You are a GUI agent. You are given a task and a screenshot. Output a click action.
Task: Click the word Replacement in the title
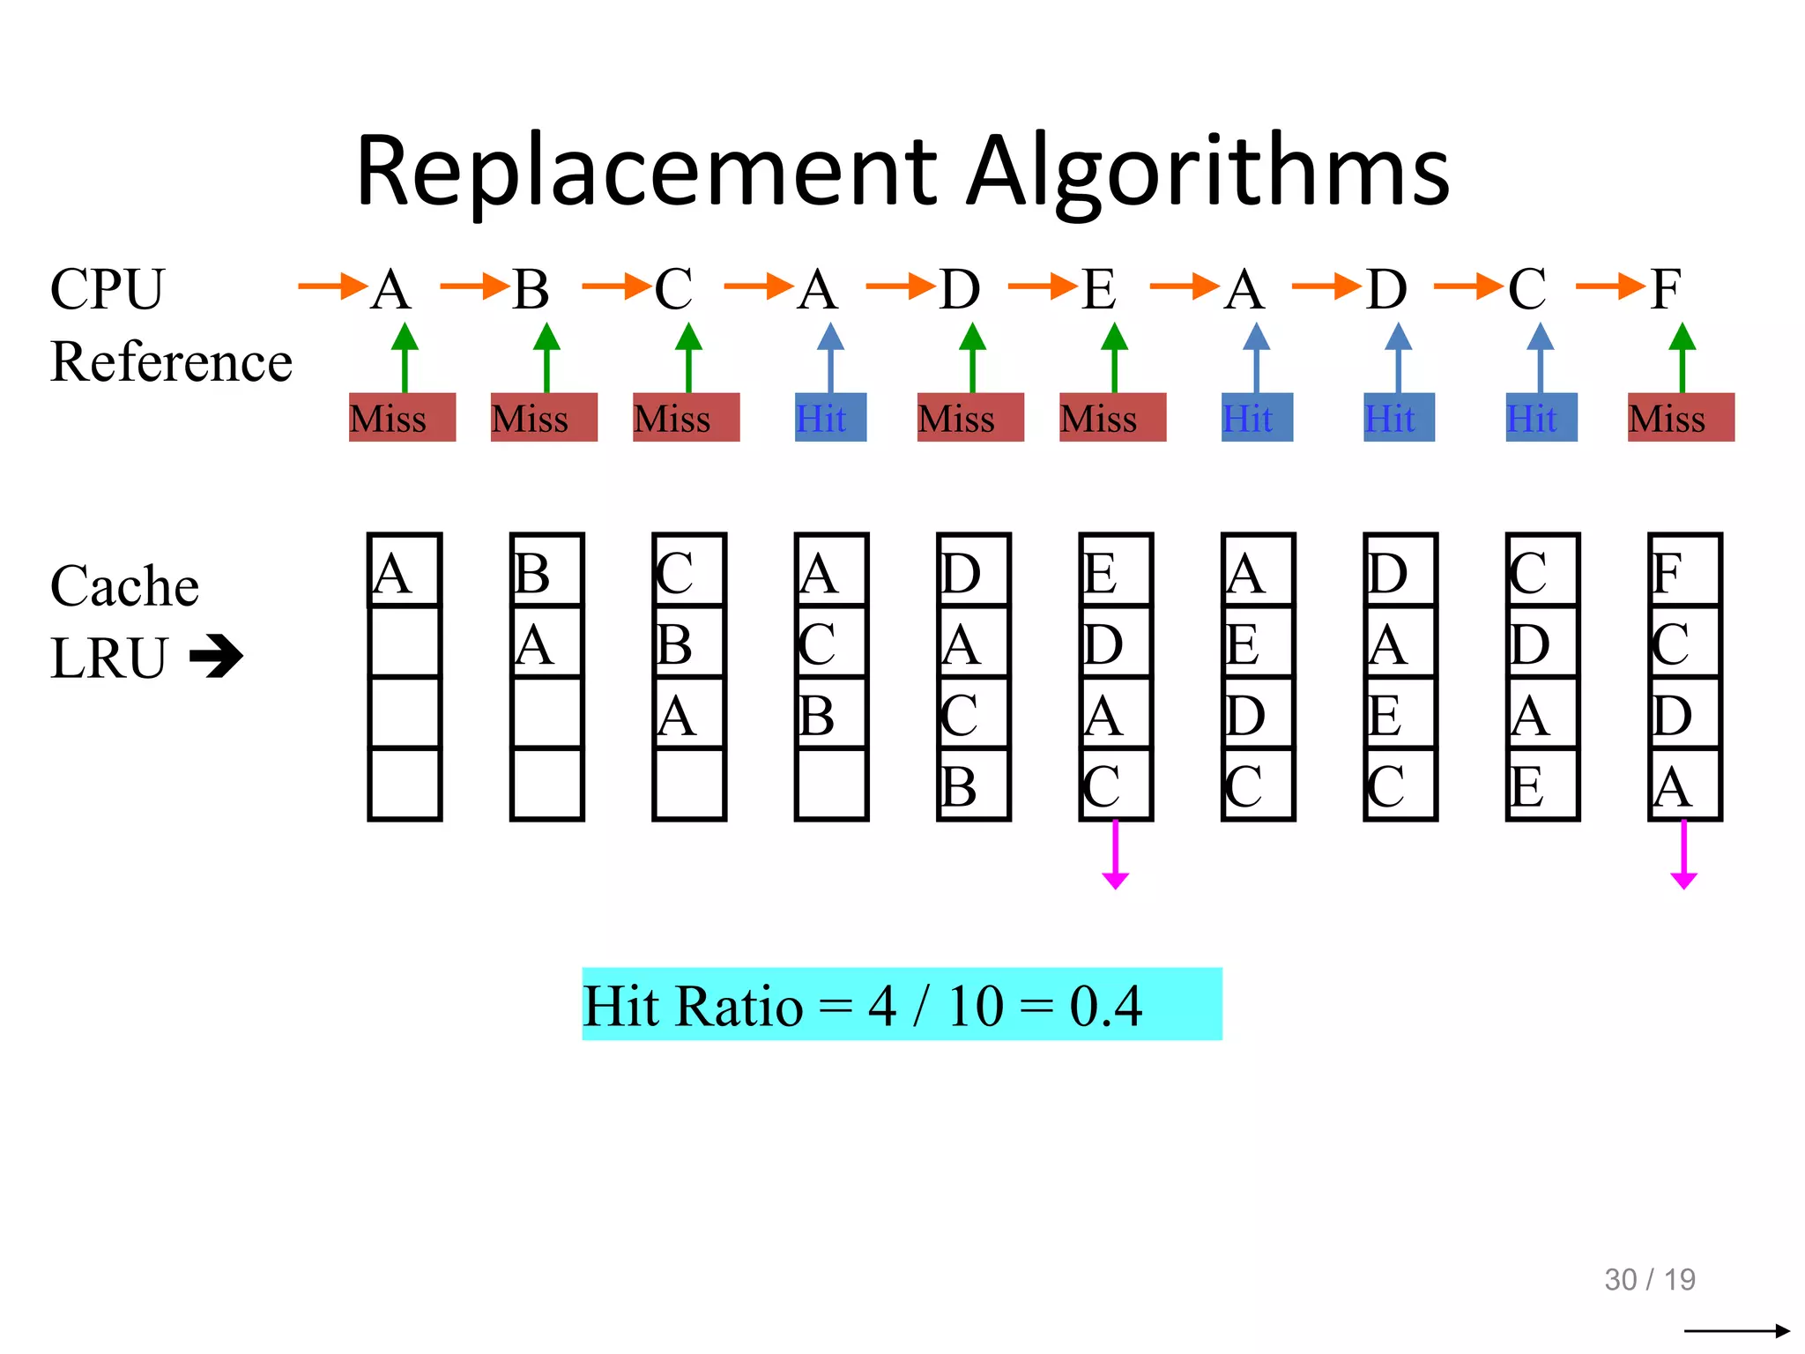(648, 172)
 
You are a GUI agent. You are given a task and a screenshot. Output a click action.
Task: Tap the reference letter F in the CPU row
(1665, 288)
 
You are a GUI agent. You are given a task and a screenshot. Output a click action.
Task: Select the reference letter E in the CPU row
(1098, 288)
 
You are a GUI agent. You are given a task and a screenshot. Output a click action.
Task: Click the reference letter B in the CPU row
(531, 288)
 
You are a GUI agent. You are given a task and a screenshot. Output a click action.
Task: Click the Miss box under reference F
(1680, 418)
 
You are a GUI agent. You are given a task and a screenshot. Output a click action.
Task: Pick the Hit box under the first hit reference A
(830, 418)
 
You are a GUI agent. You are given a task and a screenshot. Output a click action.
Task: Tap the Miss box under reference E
(1112, 418)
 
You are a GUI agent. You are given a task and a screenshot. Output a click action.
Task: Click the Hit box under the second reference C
(1541, 418)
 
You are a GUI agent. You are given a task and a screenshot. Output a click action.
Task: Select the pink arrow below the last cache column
(1683, 855)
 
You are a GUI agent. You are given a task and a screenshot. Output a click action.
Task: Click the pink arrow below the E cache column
(1115, 855)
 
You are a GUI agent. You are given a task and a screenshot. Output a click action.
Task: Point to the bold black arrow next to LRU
(216, 657)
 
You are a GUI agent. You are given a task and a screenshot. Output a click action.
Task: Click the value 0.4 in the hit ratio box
(1105, 1005)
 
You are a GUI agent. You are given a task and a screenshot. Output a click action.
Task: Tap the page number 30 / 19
(1649, 1279)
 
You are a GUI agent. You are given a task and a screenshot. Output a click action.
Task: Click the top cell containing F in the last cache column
(1684, 571)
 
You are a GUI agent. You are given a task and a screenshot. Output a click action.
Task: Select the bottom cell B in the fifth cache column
(973, 785)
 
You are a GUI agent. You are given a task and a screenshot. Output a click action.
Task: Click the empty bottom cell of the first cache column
(405, 785)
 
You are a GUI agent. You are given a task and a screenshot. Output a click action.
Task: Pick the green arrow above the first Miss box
(405, 357)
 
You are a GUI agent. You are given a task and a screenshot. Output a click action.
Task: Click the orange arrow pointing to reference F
(1609, 286)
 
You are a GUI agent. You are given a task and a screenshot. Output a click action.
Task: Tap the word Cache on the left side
(124, 586)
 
